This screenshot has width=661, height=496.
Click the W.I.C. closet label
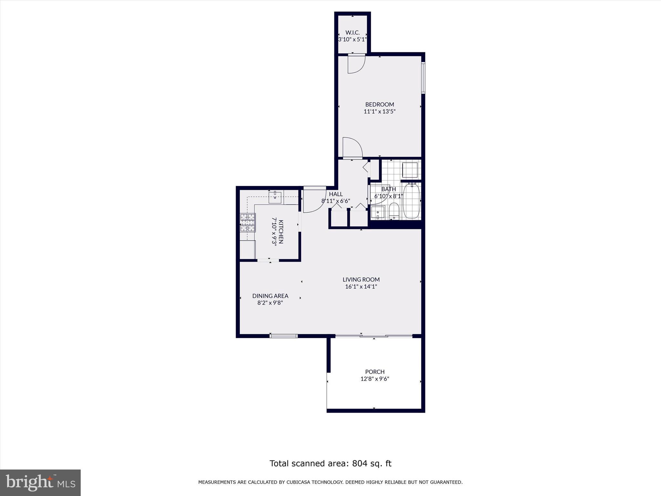352,33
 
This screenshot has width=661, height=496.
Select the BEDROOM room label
380,104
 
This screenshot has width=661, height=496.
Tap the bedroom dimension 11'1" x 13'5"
380,112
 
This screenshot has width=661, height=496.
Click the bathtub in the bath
412,201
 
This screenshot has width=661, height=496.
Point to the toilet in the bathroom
394,211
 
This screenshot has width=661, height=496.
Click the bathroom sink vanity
378,213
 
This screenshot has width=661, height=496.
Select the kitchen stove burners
248,223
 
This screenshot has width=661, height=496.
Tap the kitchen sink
275,197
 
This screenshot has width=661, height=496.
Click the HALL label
336,194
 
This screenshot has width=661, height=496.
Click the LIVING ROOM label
361,280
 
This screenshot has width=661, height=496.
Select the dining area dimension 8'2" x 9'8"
270,303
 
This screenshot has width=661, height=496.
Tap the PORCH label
375,372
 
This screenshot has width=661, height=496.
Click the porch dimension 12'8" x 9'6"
375,379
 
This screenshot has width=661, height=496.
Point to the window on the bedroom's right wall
423,78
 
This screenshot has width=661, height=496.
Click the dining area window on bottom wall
283,336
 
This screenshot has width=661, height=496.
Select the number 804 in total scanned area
359,463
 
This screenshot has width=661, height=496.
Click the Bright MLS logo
40,482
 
